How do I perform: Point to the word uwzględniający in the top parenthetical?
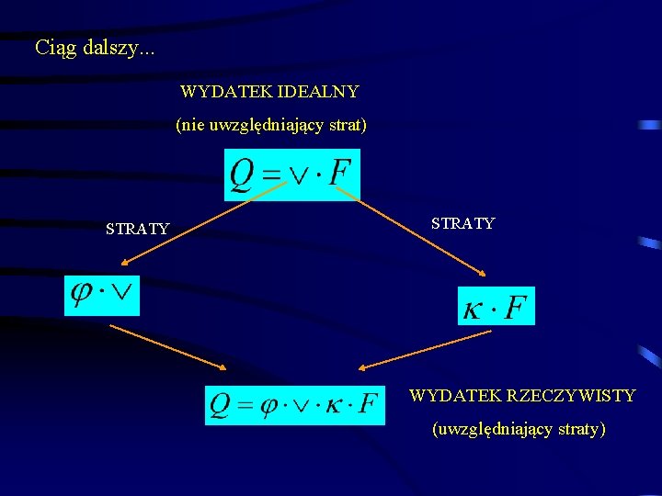pos(267,126)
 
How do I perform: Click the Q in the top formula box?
pos(242,175)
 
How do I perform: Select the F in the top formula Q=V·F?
pos(340,175)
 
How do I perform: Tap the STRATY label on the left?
pos(137,229)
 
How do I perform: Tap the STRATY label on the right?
pos(462,223)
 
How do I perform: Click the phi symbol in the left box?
pos(82,294)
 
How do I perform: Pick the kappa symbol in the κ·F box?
pos(472,308)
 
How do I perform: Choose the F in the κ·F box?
pos(517,307)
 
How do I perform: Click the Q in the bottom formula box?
pos(221,404)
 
